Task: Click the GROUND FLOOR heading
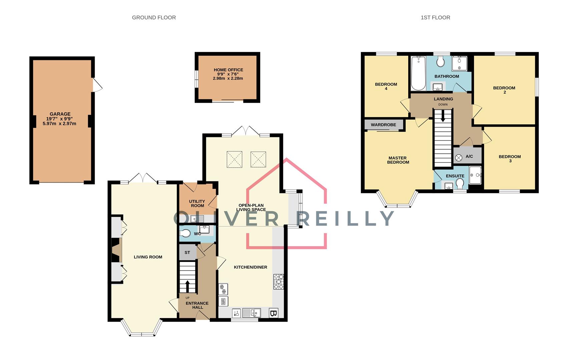click(154, 17)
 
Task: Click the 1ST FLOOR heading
click(435, 17)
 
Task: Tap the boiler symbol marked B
click(273, 313)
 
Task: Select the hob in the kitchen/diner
click(278, 282)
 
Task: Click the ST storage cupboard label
click(187, 253)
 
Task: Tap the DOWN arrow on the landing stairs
click(443, 117)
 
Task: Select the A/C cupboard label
click(469, 156)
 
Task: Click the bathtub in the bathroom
click(418, 73)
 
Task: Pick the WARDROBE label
click(384, 125)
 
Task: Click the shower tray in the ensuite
click(475, 175)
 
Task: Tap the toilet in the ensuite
click(460, 184)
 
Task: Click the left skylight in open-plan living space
click(234, 159)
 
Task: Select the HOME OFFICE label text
click(228, 70)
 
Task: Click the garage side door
click(97, 85)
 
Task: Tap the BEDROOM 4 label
click(386, 86)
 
